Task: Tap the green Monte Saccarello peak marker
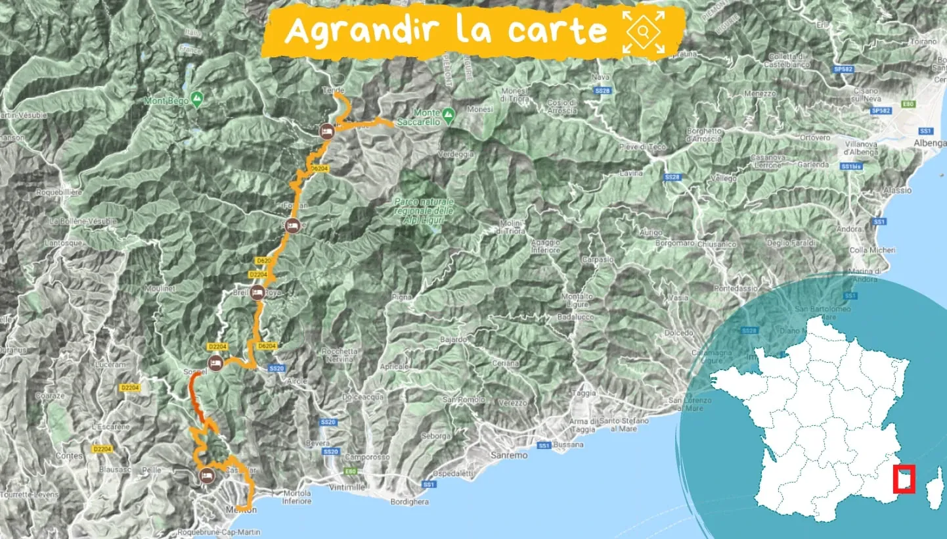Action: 449,114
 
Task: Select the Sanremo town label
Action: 509,455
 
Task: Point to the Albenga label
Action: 931,143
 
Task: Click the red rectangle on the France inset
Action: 904,479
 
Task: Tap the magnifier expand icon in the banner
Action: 644,32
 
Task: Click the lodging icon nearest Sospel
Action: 215,362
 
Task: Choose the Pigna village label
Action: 403,297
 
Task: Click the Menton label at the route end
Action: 242,510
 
